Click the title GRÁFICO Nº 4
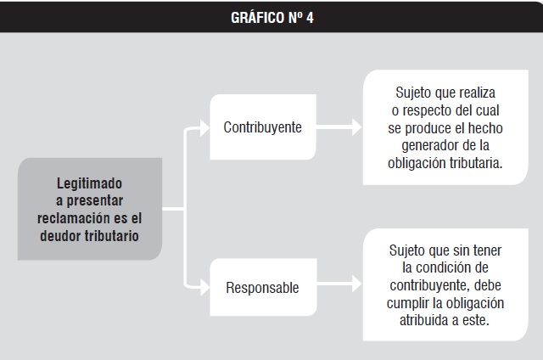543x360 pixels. [272, 18]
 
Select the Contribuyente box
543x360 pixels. [263, 127]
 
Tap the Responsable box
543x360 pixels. [263, 287]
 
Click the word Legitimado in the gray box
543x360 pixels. [89, 183]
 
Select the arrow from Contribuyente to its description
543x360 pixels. [339, 127]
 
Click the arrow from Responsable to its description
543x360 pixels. [339, 284]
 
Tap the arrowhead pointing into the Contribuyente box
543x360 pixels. [204, 128]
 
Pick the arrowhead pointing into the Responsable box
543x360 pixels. [205, 287]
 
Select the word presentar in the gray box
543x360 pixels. [94, 201]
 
